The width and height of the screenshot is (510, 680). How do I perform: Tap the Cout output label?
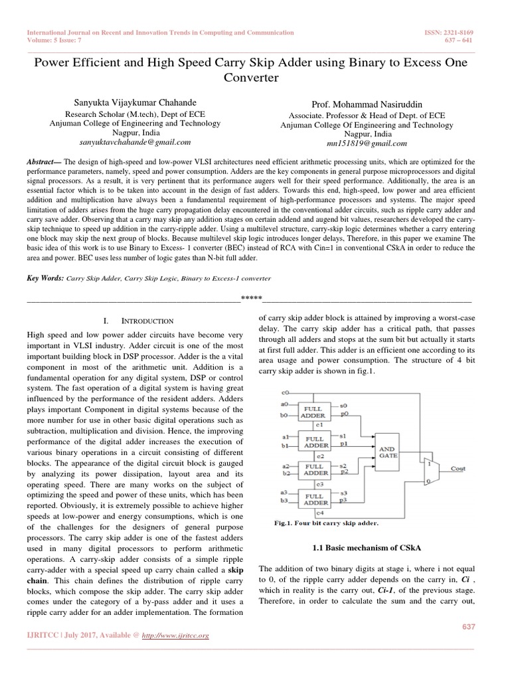(458, 468)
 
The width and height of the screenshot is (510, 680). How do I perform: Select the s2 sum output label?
(343, 466)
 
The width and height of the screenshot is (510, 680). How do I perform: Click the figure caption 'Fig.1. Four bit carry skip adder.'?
(326, 523)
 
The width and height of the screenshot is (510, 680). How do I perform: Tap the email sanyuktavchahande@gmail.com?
(135, 141)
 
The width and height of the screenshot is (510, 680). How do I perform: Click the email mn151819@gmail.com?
(367, 143)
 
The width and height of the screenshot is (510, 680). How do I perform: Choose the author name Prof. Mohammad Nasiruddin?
(367, 105)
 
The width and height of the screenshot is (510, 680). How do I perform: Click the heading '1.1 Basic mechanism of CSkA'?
(367, 547)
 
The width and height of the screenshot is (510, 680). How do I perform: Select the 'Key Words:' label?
(44, 279)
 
